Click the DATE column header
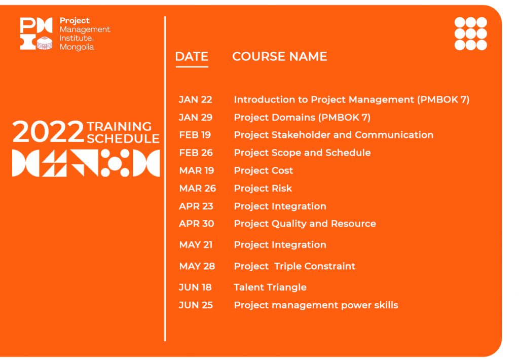(x=192, y=57)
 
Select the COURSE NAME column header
(x=280, y=57)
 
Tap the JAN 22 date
(x=195, y=100)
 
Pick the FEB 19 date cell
(x=195, y=135)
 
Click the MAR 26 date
(x=198, y=189)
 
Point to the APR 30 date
(x=197, y=224)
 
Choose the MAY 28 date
(x=197, y=266)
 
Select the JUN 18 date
(x=195, y=287)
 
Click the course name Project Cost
(x=264, y=171)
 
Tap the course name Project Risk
(x=263, y=189)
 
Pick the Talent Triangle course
(x=270, y=287)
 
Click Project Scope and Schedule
(x=302, y=153)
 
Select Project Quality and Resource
(x=305, y=224)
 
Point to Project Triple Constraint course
(x=294, y=267)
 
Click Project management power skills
(x=316, y=305)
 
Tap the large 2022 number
(x=48, y=132)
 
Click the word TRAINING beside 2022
(x=119, y=127)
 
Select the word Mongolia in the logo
(x=77, y=47)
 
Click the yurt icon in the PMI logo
(x=45, y=43)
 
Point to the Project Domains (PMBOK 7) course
(x=302, y=118)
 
